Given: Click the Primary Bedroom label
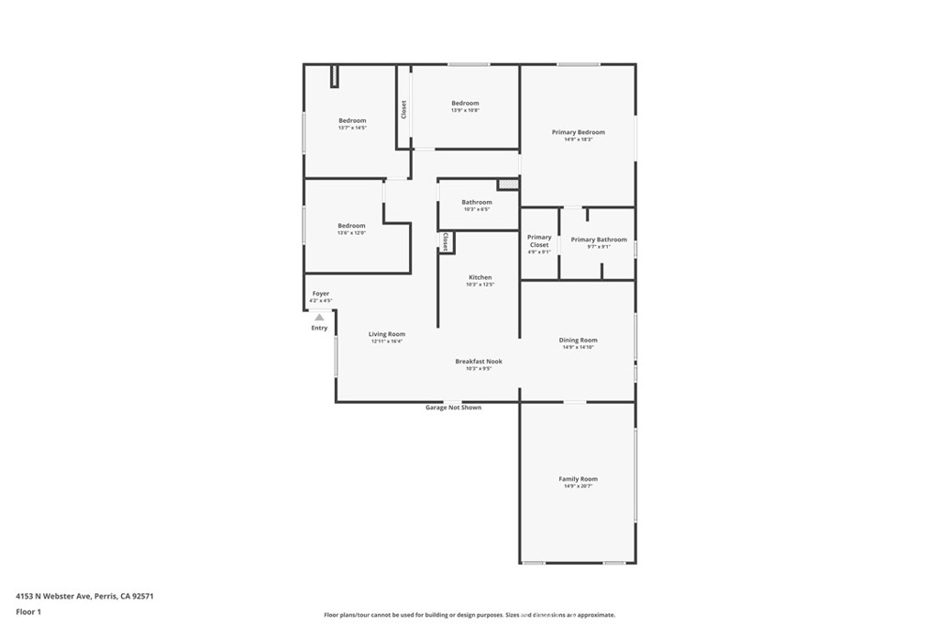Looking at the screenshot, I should [x=578, y=132].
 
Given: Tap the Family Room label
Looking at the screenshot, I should [x=578, y=479].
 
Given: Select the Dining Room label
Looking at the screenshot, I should [x=578, y=341].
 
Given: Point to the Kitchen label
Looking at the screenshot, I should [x=480, y=277].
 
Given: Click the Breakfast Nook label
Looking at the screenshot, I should [x=479, y=362].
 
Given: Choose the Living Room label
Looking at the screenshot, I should [x=387, y=334].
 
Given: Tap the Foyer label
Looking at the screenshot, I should [x=320, y=294].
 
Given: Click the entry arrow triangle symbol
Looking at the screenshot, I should [x=319, y=318].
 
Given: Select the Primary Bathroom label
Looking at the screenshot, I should [x=599, y=240].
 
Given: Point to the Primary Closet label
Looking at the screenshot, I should [x=539, y=241].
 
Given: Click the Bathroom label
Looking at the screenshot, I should [x=477, y=202].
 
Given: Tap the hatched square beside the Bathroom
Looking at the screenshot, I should [x=508, y=185].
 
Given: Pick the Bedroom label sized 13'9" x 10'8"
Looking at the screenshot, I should [x=465, y=104].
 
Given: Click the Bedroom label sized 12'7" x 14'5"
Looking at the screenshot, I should [x=352, y=121].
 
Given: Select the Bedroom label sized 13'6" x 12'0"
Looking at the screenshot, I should [x=351, y=226].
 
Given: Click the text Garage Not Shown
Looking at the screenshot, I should [x=453, y=408].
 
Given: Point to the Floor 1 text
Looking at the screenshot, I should [x=28, y=610].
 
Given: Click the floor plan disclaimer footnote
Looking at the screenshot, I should [x=469, y=615].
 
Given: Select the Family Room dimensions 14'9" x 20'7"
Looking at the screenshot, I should [x=578, y=486].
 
